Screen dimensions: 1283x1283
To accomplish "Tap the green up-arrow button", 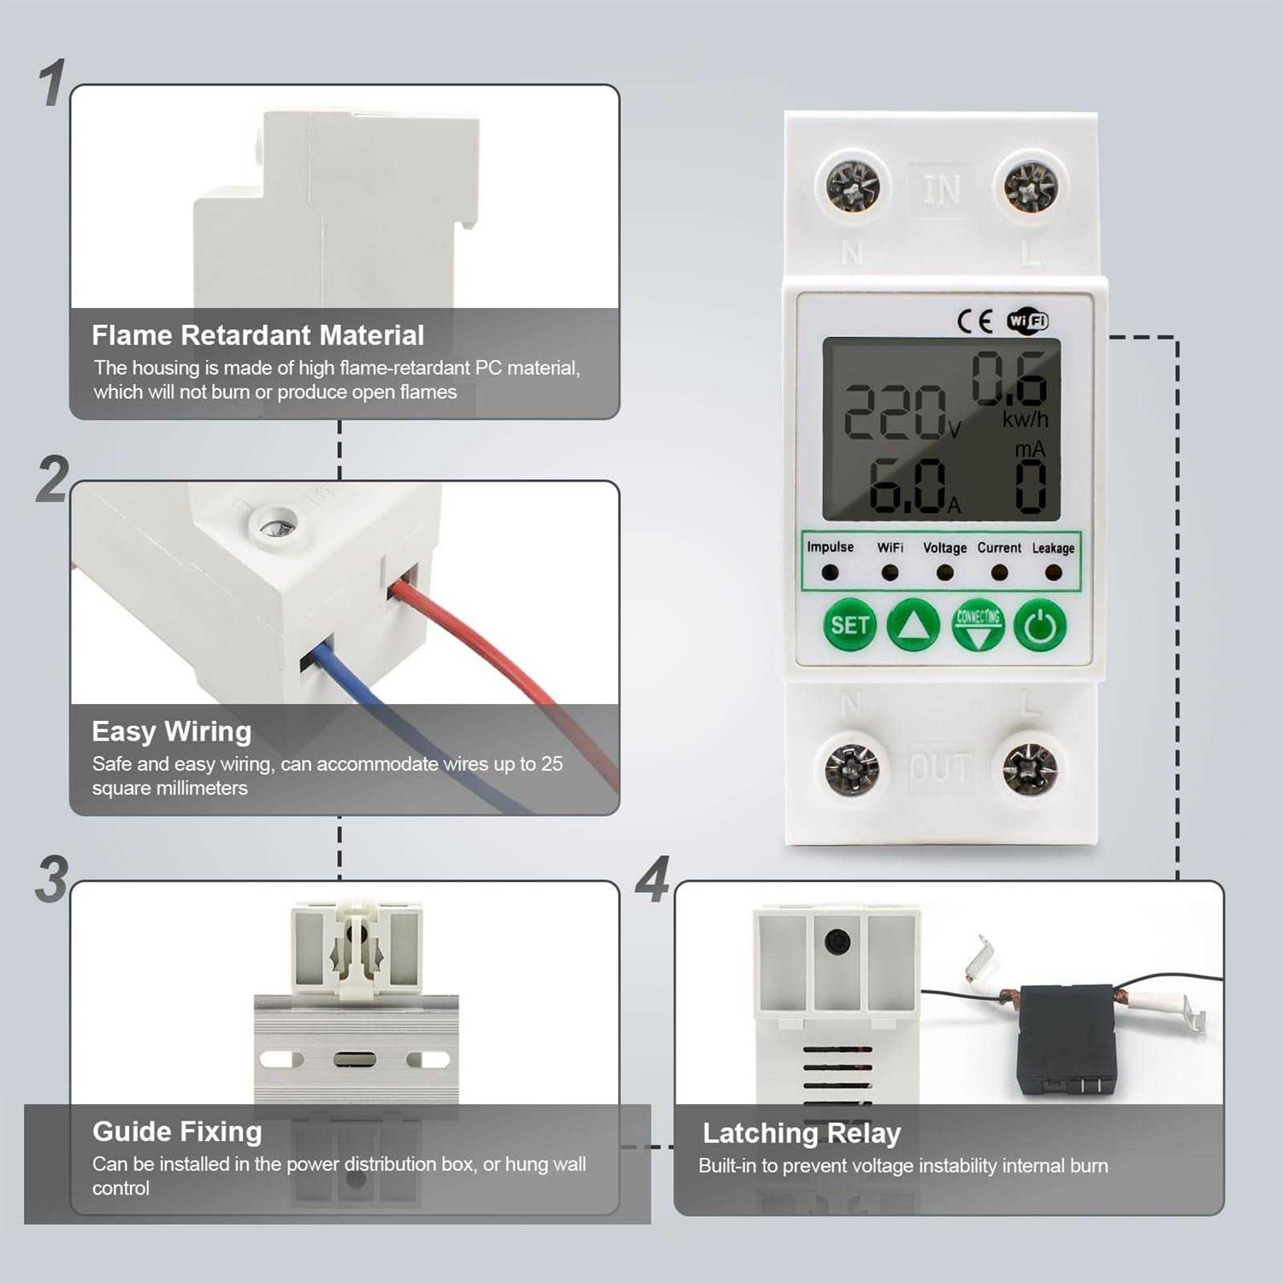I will (x=913, y=625).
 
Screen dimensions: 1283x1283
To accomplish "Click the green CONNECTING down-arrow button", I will (x=978, y=625).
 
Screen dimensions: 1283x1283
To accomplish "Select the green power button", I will (x=1040, y=625).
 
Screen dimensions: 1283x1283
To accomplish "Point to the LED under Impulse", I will (x=830, y=571).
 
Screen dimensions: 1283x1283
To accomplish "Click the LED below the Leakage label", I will (x=1053, y=572).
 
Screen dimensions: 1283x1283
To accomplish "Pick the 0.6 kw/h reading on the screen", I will (x=1009, y=378).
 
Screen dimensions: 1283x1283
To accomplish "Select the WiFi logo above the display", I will (x=1027, y=321).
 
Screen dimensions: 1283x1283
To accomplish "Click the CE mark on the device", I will (x=975, y=321).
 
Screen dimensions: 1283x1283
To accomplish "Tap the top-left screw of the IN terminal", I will (x=853, y=186).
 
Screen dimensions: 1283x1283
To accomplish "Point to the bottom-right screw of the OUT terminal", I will (x=1030, y=767).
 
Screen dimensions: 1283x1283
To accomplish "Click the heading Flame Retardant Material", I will (x=257, y=335).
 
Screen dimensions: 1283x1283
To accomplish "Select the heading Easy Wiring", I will (x=171, y=731).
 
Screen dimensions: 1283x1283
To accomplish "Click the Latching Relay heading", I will (x=801, y=1133).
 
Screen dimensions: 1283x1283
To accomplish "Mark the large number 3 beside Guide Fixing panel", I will (x=52, y=880).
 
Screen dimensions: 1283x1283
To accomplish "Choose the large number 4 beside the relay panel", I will (x=653, y=880).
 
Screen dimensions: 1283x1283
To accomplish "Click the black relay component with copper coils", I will (x=1065, y=1039).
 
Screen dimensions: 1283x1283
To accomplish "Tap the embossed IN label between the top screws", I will (x=941, y=189).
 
